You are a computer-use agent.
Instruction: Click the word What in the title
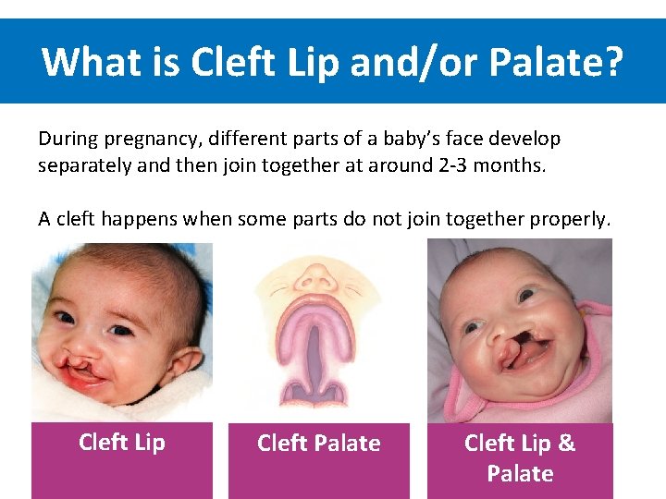(88, 62)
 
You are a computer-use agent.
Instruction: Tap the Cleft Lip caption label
(122, 443)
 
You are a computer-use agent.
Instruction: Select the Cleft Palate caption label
(318, 444)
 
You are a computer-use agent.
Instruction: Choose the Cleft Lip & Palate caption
(520, 458)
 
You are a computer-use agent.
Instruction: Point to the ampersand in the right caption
(566, 444)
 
